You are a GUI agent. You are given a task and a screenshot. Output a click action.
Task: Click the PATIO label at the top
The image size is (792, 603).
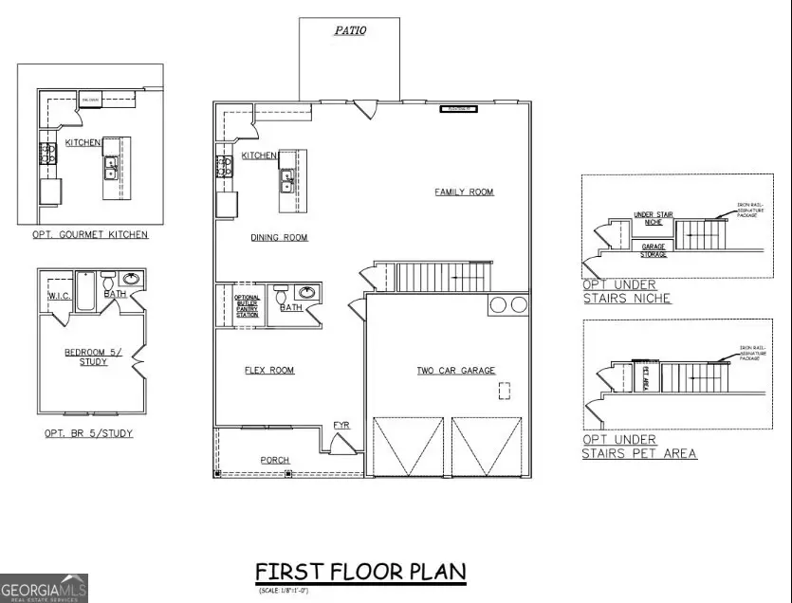point(351,30)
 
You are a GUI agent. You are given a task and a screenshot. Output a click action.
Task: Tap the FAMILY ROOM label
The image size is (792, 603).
point(464,192)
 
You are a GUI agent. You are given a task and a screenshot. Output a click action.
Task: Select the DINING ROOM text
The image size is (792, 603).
point(279,237)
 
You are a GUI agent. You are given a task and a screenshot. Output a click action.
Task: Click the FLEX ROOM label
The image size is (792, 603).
point(269,370)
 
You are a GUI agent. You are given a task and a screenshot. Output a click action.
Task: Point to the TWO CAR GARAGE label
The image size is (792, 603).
point(456,370)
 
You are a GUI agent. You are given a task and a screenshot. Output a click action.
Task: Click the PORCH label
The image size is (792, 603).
point(275,460)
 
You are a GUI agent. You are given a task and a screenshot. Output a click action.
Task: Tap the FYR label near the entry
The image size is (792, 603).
point(341,425)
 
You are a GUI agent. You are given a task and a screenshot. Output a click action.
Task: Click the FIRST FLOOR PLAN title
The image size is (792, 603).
point(360,572)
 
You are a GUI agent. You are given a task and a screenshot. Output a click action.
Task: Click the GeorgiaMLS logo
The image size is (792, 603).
point(44,588)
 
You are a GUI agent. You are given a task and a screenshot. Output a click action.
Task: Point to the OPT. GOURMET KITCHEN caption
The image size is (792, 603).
point(91,234)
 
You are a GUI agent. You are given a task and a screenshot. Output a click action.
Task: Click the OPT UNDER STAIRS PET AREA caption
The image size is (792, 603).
point(639,447)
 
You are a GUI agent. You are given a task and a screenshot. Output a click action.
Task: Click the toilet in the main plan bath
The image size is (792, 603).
point(281,297)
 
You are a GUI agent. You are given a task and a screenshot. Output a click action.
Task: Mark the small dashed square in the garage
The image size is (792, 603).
point(506,390)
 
